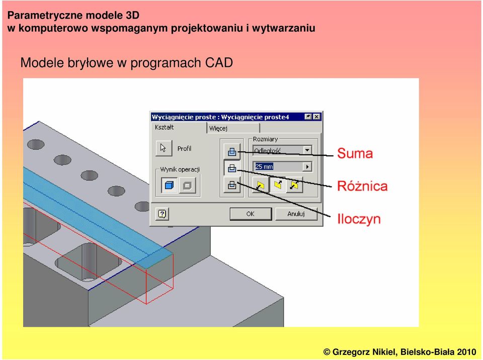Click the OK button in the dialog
[251, 214]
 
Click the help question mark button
[162, 214]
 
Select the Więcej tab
[233, 128]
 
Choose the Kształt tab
[179, 127]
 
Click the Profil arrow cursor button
[164, 148]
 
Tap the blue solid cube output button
[169, 186]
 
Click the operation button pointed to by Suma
[232, 151]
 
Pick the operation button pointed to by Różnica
[232, 168]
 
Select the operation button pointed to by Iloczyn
[232, 185]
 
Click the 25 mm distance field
[278, 166]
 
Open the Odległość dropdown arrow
[307, 150]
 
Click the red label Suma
[355, 153]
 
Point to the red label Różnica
[362, 186]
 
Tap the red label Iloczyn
[359, 219]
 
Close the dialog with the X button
[316, 117]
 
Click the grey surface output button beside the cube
[187, 186]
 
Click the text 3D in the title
[132, 15]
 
